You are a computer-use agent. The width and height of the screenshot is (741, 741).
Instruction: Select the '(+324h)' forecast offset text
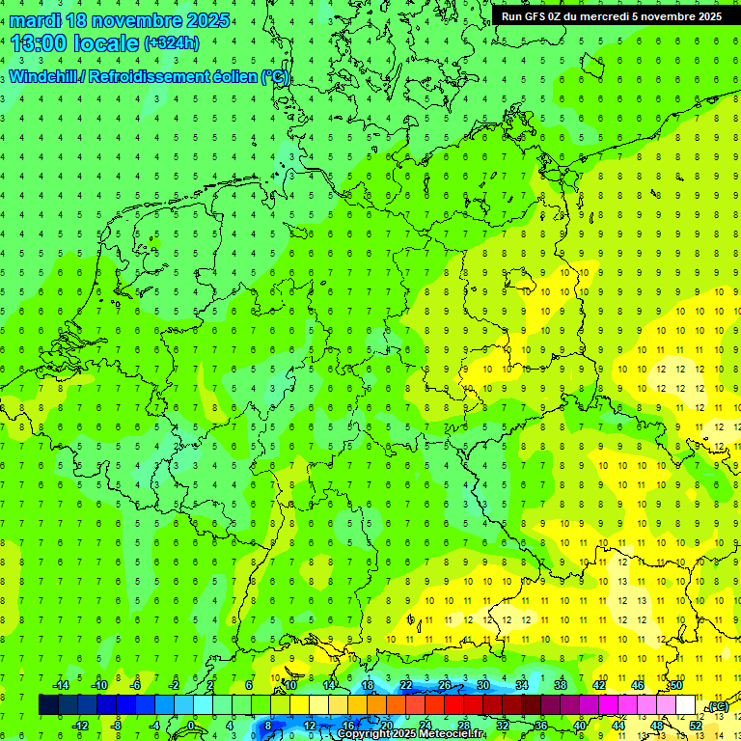pyautogui.click(x=172, y=43)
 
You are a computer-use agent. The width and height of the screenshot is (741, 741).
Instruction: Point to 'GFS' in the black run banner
pyautogui.click(x=541, y=16)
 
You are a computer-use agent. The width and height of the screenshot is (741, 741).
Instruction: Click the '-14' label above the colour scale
pyautogui.click(x=61, y=685)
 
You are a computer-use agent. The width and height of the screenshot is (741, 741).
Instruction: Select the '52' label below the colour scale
pyautogui.click(x=695, y=725)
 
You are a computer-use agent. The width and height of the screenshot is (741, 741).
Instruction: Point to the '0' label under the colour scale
pyautogui.click(x=191, y=725)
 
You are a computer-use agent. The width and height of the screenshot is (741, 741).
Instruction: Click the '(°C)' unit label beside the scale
pyautogui.click(x=717, y=706)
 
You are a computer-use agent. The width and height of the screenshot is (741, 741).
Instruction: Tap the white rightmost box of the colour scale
pyautogui.click(x=685, y=705)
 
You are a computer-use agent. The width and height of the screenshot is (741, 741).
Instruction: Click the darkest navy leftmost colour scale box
pyautogui.click(x=48, y=705)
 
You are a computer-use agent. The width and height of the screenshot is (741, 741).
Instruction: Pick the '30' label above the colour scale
pyautogui.click(x=482, y=685)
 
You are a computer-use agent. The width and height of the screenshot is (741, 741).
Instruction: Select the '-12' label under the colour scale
pyautogui.click(x=80, y=725)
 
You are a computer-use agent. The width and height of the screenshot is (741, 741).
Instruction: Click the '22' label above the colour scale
pyautogui.click(x=406, y=685)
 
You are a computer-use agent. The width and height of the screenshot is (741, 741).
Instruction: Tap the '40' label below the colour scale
pyautogui.click(x=579, y=725)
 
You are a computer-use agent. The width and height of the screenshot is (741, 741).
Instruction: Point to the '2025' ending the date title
pyautogui.click(x=206, y=20)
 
